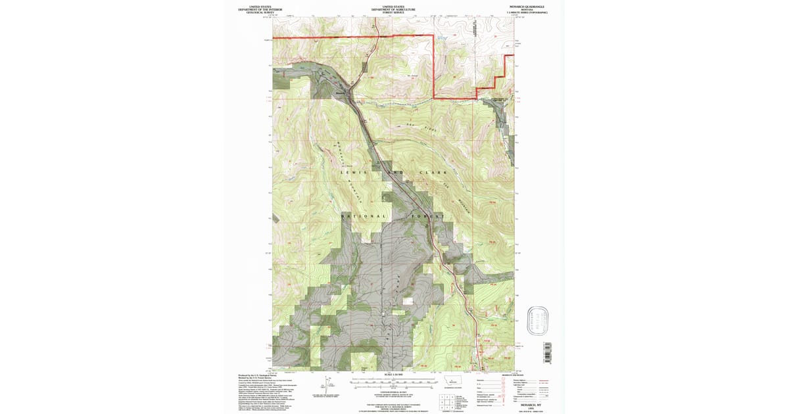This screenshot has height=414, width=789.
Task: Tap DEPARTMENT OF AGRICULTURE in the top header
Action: click(393, 9)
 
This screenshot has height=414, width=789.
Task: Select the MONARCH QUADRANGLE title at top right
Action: click(526, 7)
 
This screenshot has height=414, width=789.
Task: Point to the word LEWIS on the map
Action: click(352, 173)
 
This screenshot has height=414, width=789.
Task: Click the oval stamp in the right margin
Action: click(541, 319)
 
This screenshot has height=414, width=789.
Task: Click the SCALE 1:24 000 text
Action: click(393, 375)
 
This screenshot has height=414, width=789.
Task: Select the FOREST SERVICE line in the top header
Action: click(393, 12)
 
